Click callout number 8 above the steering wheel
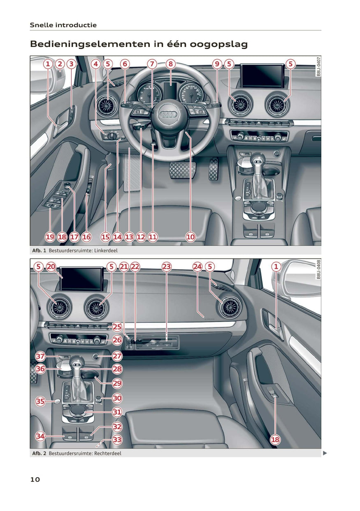pyautogui.click(x=171, y=64)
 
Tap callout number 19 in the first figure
pyautogui.click(x=50, y=237)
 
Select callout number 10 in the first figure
pyautogui.click(x=190, y=237)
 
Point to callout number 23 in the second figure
pyautogui.click(x=167, y=267)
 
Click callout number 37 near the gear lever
pyautogui.click(x=40, y=356)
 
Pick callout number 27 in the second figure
pyautogui.click(x=117, y=356)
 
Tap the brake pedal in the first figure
pyautogui.click(x=182, y=170)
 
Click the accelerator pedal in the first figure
pyautogui.click(x=214, y=169)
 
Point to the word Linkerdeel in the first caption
pyautogui.click(x=106, y=250)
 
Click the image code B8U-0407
pyautogui.click(x=318, y=66)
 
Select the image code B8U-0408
pyautogui.click(x=318, y=269)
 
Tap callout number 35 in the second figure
pyautogui.click(x=40, y=401)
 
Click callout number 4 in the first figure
pyautogui.click(x=96, y=64)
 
